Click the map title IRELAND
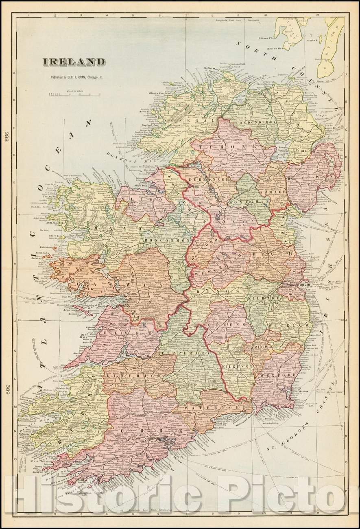point(74,62)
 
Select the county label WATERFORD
point(203,407)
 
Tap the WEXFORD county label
point(277,374)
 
